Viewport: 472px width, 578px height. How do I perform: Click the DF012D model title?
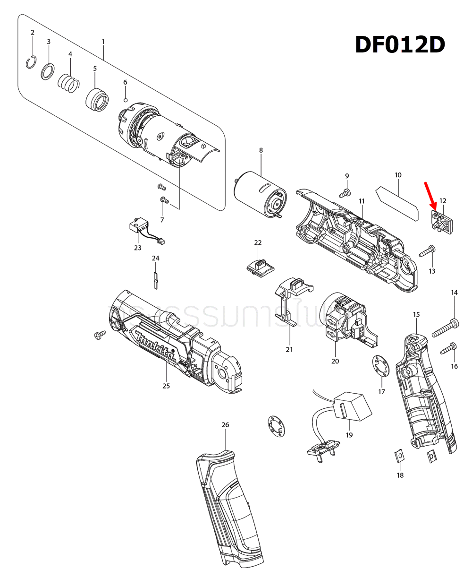point(400,45)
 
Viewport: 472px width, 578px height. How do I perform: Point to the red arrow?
point(431,196)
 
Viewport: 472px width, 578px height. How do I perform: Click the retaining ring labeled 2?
point(32,62)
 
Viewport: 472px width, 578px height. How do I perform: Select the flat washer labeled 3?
point(47,72)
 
